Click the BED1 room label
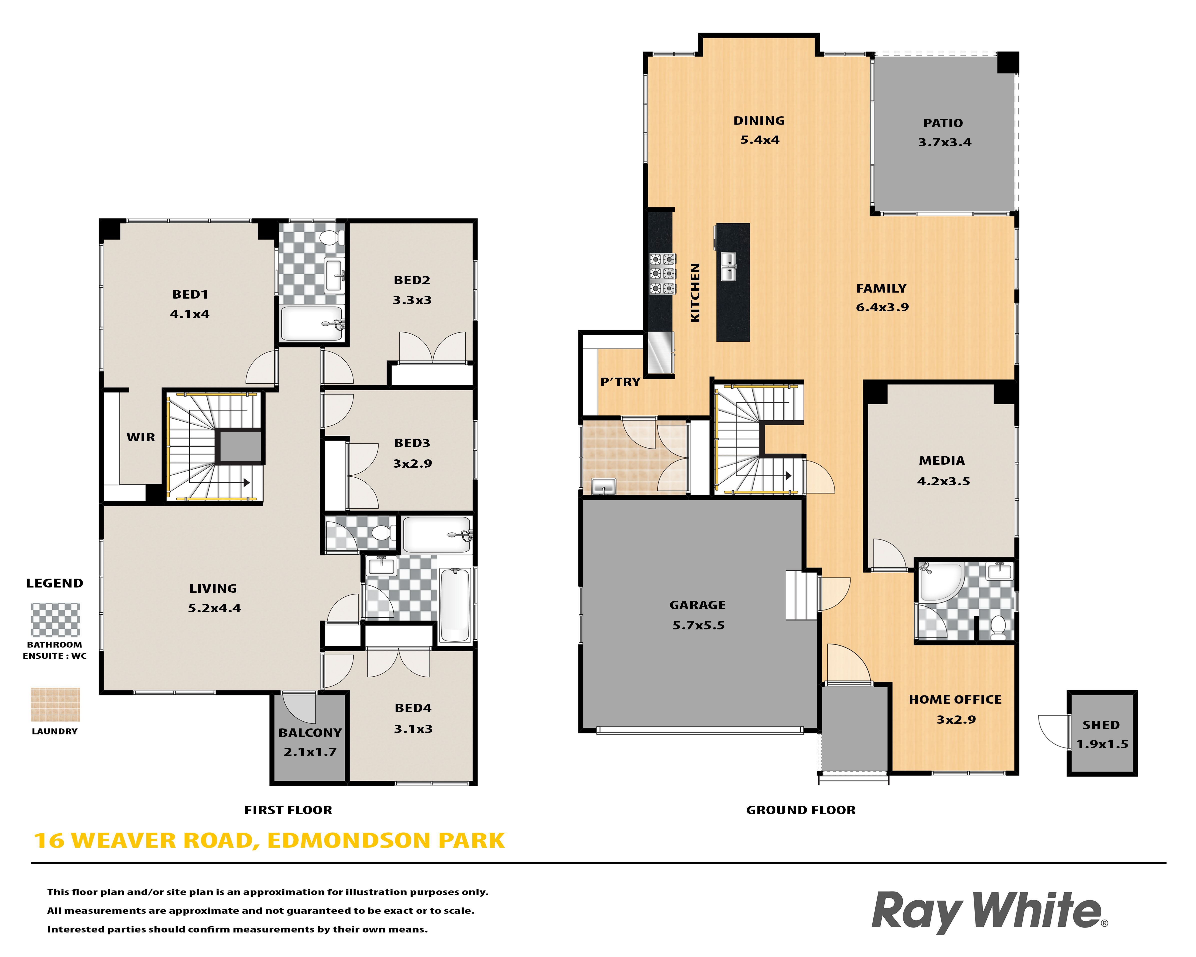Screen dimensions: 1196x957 click(x=190, y=295)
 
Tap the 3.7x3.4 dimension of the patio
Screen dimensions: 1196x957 click(x=945, y=142)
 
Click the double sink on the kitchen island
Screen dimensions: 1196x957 click(x=728, y=266)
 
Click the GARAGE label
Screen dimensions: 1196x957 click(x=697, y=605)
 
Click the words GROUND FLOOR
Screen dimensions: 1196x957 click(x=800, y=810)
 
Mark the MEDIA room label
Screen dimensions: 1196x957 click(x=942, y=460)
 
